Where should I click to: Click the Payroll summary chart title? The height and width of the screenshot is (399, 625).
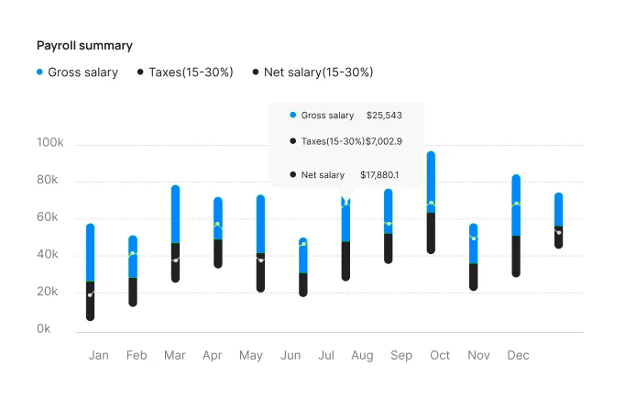point(84,45)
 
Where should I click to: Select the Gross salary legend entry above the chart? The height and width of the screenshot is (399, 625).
point(77,72)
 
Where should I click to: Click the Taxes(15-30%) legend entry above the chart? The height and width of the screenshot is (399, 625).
point(185,72)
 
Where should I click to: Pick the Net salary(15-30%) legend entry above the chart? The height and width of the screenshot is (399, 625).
point(312,72)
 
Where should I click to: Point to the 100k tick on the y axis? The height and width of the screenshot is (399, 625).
point(50,144)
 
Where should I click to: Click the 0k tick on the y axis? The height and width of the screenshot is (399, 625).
point(44,329)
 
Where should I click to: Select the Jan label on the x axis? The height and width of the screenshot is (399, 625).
point(99,355)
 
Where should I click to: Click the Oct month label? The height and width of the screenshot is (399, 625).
point(440,355)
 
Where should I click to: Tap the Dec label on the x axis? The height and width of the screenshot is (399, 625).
point(518,355)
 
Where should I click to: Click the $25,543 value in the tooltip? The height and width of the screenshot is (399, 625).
point(384,116)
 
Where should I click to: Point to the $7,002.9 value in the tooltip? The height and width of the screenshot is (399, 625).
point(384,141)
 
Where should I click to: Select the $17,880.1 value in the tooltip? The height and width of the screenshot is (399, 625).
point(379,175)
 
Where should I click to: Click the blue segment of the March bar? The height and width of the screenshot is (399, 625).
point(175,214)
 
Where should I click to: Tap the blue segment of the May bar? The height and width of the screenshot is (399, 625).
point(260,225)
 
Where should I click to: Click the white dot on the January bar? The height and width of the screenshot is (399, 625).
point(90,294)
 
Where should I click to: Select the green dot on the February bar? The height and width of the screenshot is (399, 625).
point(133,253)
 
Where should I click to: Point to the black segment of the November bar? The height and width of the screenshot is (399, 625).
point(473,276)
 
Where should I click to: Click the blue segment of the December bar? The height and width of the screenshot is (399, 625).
point(516,216)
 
